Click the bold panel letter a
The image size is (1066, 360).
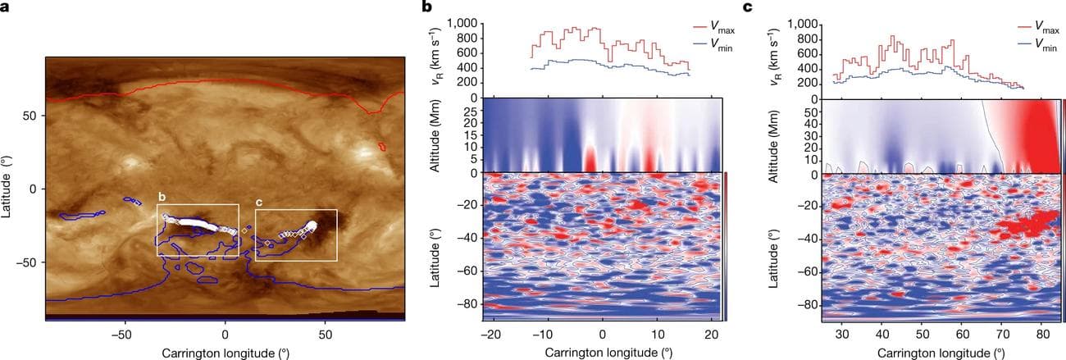[x=7, y=7]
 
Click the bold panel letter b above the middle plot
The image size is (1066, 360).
[x=426, y=7]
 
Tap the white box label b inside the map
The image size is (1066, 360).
[x=162, y=197]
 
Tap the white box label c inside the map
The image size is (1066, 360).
[x=260, y=203]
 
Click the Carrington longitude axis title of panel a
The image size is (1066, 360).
[x=225, y=353]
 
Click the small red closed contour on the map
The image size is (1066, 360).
[x=382, y=146]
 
